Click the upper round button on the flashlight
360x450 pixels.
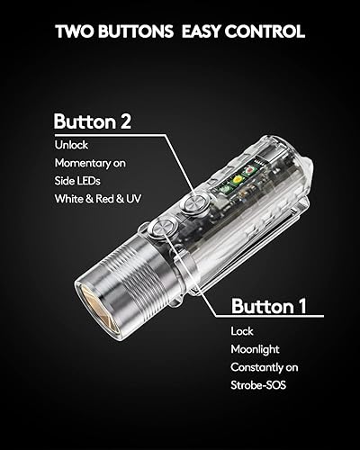click(x=192, y=207)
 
